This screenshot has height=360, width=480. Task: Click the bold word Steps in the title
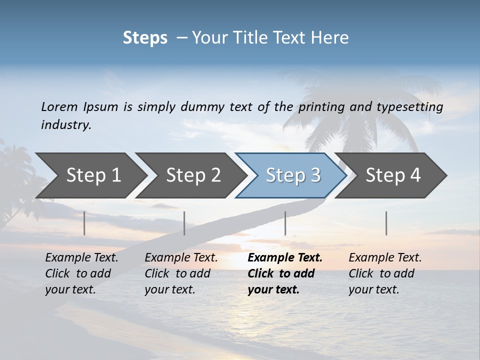[145, 37]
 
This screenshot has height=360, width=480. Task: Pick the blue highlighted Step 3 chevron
[293, 175]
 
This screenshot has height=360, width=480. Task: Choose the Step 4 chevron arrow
[393, 175]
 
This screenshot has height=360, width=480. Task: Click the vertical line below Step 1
[84, 223]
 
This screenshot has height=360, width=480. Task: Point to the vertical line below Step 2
[184, 223]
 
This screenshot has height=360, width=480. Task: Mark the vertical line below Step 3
[285, 223]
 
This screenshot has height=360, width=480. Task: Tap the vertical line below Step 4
[386, 223]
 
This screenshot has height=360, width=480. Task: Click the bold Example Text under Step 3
[285, 258]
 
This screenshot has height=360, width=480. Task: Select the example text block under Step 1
[81, 273]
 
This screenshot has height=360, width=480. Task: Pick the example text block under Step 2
[181, 273]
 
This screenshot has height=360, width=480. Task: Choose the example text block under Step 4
[385, 273]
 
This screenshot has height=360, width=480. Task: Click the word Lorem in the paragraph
[59, 107]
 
